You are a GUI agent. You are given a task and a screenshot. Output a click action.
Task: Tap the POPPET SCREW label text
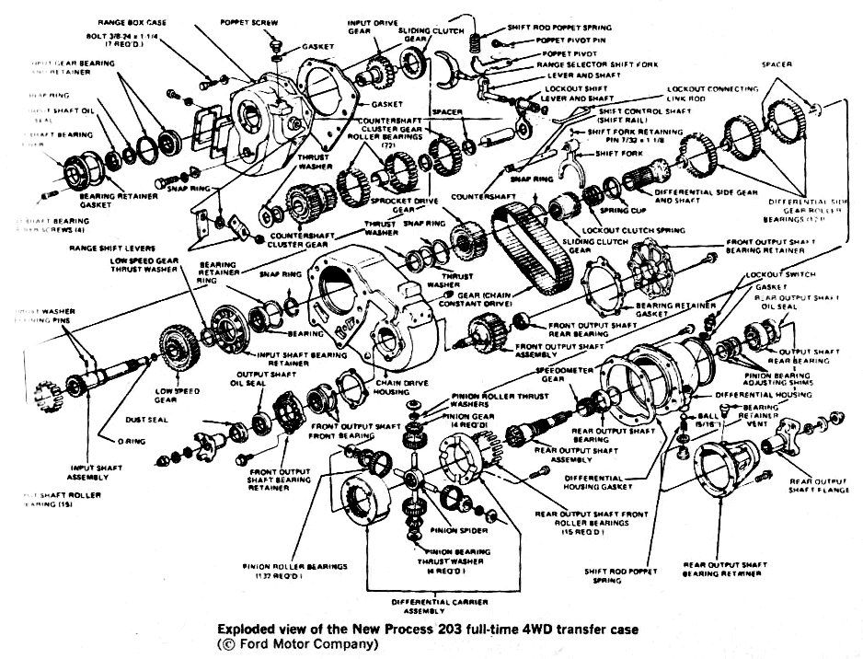[x=245, y=19]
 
